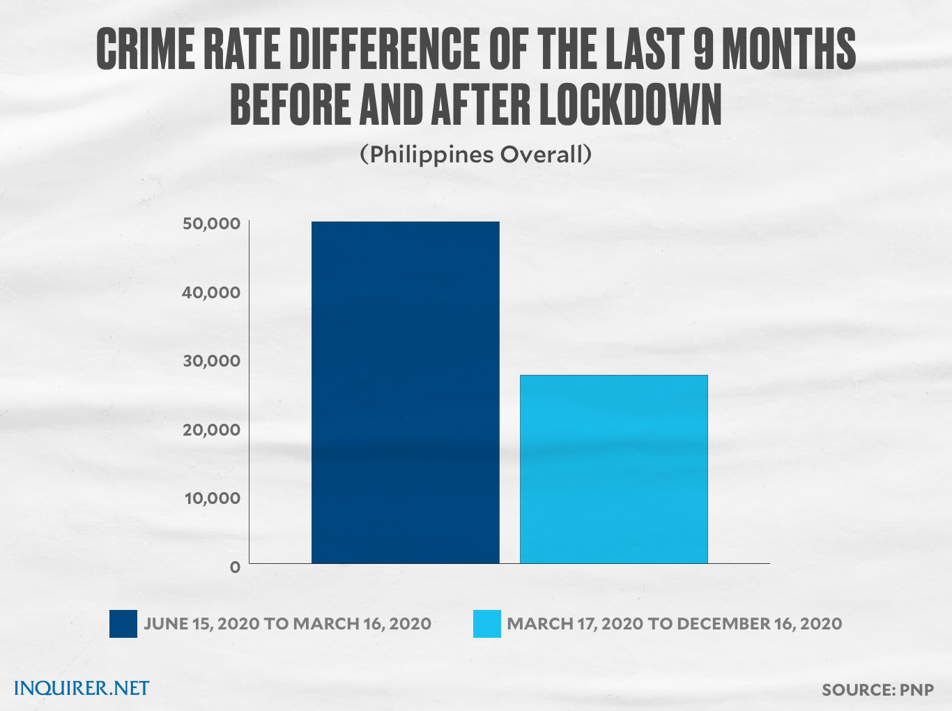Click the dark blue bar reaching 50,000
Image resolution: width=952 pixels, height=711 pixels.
pyautogui.click(x=405, y=392)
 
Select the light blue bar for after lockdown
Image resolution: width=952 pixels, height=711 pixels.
pyautogui.click(x=613, y=468)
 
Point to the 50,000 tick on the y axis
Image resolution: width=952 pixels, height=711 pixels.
pyautogui.click(x=211, y=224)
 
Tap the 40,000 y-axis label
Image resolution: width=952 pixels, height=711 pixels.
pyautogui.click(x=211, y=292)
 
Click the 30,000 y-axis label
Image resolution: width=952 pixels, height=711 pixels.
pyautogui.click(x=211, y=360)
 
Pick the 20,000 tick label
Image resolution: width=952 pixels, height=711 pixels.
pyautogui.click(x=211, y=429)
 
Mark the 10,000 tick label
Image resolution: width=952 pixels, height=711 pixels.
pyautogui.click(x=211, y=498)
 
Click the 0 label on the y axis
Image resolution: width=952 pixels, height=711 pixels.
pyautogui.click(x=235, y=567)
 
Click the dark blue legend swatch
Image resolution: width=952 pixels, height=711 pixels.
pyautogui.click(x=123, y=624)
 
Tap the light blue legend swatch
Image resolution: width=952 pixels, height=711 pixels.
pyautogui.click(x=486, y=624)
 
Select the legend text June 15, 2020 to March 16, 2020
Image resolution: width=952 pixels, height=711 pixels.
pyautogui.click(x=287, y=624)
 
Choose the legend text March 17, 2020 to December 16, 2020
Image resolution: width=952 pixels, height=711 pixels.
pyautogui.click(x=674, y=624)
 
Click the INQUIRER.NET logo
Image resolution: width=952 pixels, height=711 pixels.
pyautogui.click(x=82, y=689)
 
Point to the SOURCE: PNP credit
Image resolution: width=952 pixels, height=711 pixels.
pyautogui.click(x=877, y=690)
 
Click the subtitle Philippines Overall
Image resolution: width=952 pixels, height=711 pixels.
pyautogui.click(x=476, y=154)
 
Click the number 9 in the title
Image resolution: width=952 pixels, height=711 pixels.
pyautogui.click(x=703, y=50)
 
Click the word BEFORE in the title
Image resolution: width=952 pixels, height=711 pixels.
pyautogui.click(x=291, y=106)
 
